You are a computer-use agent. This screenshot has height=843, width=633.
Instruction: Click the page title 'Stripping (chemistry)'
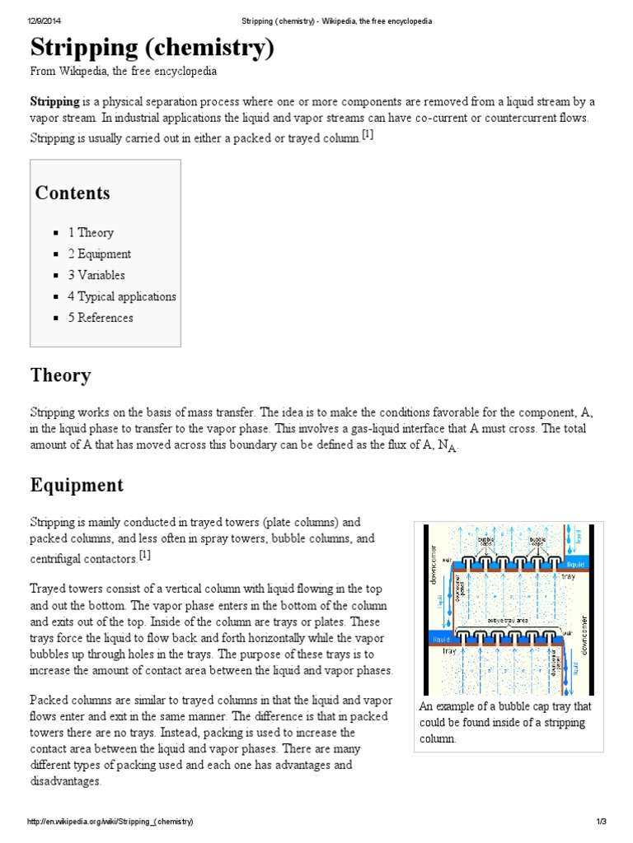pyautogui.click(x=152, y=49)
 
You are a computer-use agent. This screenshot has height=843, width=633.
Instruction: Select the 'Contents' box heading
pyautogui.click(x=73, y=193)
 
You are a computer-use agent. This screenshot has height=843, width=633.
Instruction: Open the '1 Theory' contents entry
pyautogui.click(x=91, y=233)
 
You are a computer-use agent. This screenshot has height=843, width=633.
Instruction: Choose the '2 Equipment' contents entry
pyautogui.click(x=99, y=254)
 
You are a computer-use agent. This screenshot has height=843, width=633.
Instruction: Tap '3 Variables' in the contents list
pyautogui.click(x=96, y=275)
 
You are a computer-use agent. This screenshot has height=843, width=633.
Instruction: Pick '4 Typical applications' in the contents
pyautogui.click(x=122, y=296)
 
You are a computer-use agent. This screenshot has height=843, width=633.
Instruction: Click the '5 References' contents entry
pyautogui.click(x=101, y=318)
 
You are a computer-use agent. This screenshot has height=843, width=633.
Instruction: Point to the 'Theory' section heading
pyautogui.click(x=61, y=376)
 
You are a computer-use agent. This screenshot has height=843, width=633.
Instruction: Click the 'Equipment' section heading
pyautogui.click(x=77, y=486)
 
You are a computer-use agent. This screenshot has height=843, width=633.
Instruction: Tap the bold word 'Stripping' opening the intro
pyautogui.click(x=54, y=101)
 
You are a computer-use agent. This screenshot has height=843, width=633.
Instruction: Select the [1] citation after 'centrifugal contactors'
pyautogui.click(x=144, y=556)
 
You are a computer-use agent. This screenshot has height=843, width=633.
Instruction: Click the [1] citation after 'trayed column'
pyautogui.click(x=367, y=135)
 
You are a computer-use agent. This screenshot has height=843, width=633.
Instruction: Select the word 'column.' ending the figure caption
pyautogui.click(x=438, y=738)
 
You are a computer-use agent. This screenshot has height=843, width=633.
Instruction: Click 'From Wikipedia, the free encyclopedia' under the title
pyautogui.click(x=124, y=72)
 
